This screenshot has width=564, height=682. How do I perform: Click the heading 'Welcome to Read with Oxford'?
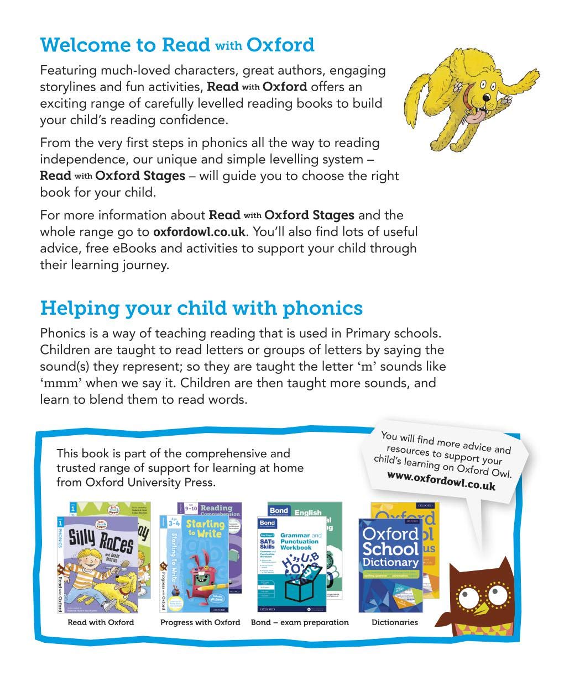point(177,45)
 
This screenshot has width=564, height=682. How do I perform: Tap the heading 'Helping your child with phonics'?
point(201,308)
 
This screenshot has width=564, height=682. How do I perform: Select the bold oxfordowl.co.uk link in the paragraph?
point(199,232)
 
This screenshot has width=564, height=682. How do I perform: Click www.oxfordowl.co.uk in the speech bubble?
point(441,481)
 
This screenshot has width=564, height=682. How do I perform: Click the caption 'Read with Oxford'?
point(101,622)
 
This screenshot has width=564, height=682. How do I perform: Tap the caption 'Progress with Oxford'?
point(200,622)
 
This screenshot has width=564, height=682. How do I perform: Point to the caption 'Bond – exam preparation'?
point(300,622)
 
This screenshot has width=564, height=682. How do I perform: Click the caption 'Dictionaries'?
point(395,622)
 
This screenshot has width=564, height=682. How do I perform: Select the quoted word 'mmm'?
point(61,383)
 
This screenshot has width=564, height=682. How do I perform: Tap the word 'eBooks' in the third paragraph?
point(135,249)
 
